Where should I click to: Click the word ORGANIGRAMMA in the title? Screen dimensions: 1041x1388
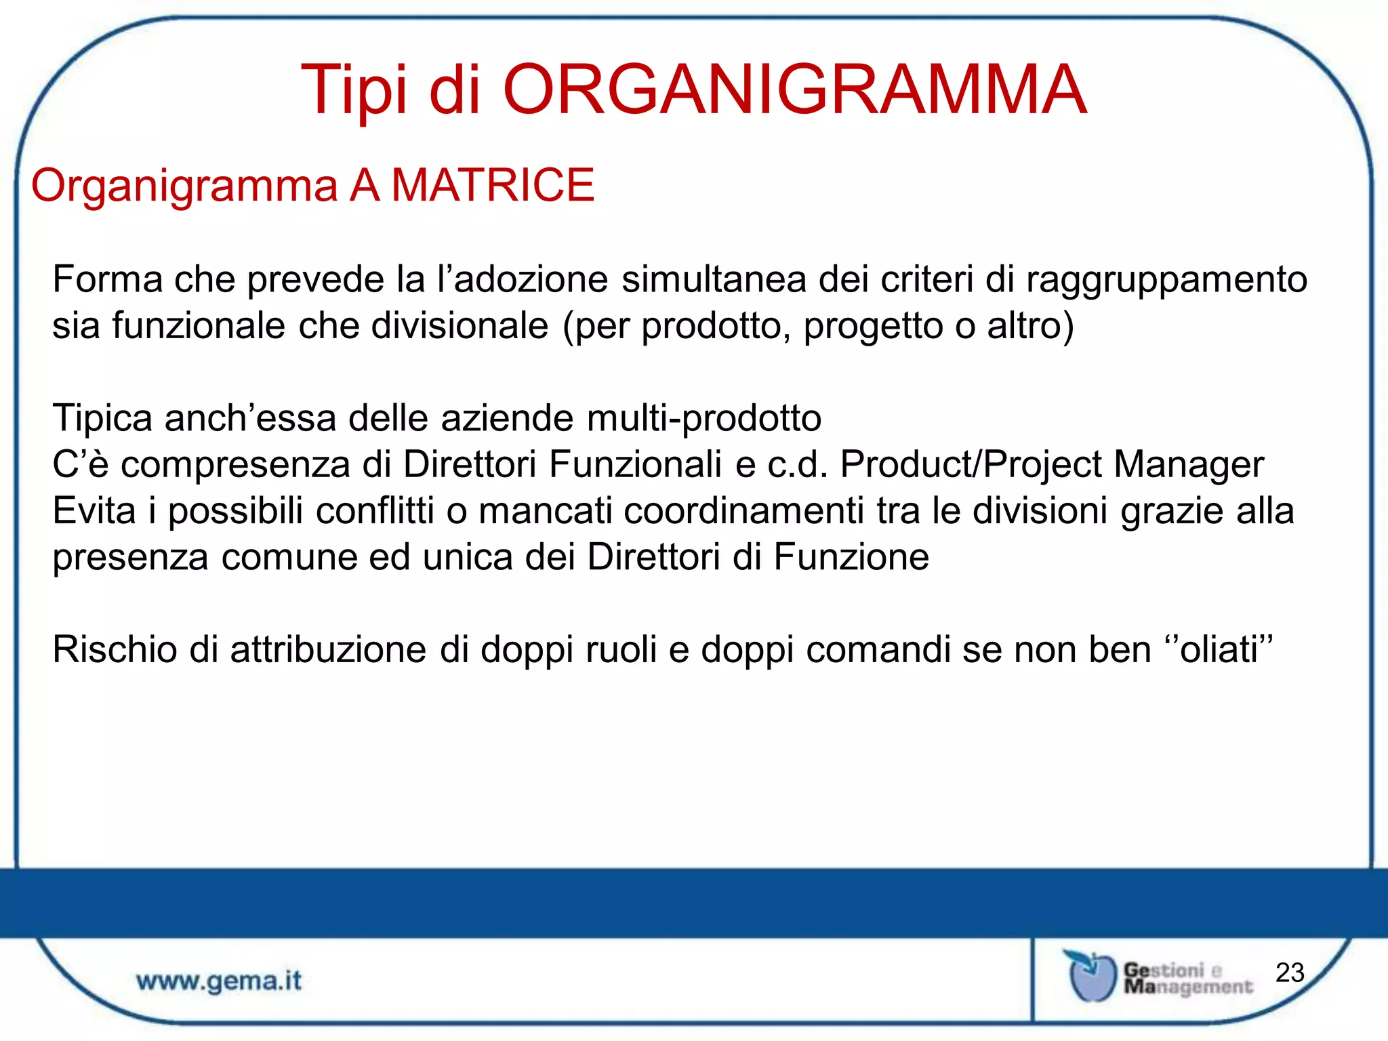[794, 89]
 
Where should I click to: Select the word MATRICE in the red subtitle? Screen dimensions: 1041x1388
[493, 185]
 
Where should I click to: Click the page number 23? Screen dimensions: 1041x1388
[1289, 973]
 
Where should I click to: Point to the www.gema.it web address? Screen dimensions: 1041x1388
[219, 981]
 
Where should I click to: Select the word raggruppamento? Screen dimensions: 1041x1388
[1166, 280]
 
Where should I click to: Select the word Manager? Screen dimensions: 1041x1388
[1189, 464]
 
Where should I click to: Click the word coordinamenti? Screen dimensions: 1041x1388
[743, 510]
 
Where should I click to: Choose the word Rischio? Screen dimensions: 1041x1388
[115, 649]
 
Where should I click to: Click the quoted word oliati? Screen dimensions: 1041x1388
[1219, 649]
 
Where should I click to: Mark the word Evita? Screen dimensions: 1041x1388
[94, 510]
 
